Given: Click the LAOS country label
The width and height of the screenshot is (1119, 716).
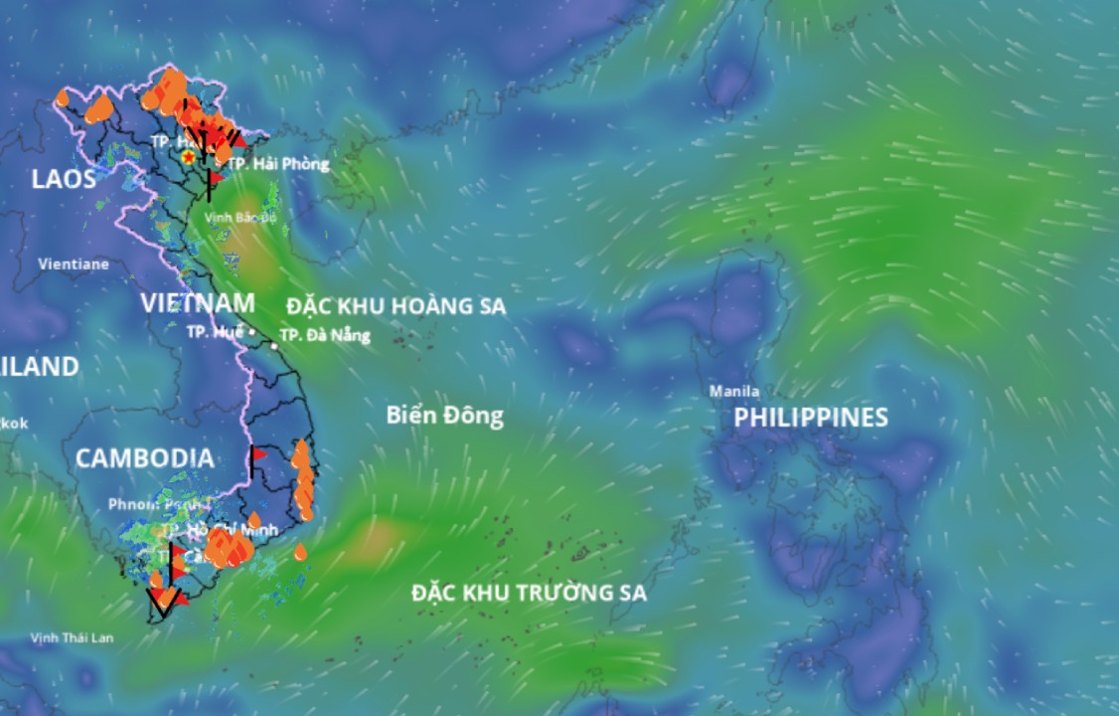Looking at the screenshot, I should tap(64, 179).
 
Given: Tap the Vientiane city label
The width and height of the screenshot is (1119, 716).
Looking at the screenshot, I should tap(74, 265).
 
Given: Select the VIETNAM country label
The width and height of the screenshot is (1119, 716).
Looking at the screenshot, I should tap(197, 303).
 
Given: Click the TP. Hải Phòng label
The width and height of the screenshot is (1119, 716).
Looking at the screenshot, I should tap(277, 164).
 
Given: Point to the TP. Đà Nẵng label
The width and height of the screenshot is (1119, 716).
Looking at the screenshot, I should tap(325, 335).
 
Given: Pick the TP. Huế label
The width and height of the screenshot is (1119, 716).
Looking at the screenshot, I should tap(213, 332).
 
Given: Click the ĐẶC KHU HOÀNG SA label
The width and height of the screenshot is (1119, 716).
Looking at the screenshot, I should tap(396, 306).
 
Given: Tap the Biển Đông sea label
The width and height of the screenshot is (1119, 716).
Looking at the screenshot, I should tap(444, 416).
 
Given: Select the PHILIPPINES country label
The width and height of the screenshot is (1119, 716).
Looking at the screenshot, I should tap(810, 418).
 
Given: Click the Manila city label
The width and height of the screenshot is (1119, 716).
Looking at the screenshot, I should tap(734, 391).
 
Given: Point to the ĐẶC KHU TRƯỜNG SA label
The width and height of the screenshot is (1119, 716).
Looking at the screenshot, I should tap(529, 594).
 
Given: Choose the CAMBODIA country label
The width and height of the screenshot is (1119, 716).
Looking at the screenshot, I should tap(144, 458).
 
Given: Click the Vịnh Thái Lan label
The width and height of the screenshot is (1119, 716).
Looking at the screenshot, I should tap(72, 637).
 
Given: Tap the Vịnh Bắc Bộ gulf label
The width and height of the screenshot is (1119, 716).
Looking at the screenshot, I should tap(240, 216).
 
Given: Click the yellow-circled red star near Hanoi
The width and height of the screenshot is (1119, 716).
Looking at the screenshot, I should tap(188, 157).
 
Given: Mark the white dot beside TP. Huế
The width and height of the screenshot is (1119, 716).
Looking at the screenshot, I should tap(251, 331).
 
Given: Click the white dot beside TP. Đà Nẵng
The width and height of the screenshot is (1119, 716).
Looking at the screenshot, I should tap(274, 347).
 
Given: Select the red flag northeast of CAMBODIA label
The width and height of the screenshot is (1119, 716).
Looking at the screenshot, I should tap(258, 454).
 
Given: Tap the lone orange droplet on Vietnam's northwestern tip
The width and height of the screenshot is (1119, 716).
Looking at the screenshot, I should tap(63, 97).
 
